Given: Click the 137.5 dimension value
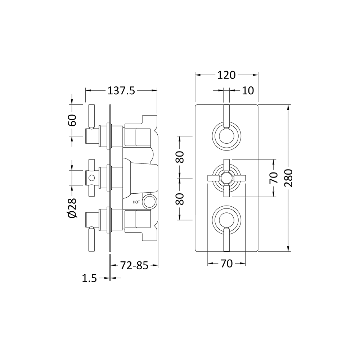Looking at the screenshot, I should point(121,91).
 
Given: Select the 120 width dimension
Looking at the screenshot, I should point(226,75).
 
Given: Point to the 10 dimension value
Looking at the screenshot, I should point(248,90).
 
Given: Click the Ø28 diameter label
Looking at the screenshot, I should point(72,208).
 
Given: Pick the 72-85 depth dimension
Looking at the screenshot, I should point(135,266).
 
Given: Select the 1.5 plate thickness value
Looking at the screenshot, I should point(90,278).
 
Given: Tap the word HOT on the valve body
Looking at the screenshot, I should point(136,202).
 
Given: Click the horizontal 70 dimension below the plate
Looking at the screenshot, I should point(226,264).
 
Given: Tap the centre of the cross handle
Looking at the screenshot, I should point(226,178).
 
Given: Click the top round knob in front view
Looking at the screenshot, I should point(226,136).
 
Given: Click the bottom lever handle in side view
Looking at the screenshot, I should point(91,239).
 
